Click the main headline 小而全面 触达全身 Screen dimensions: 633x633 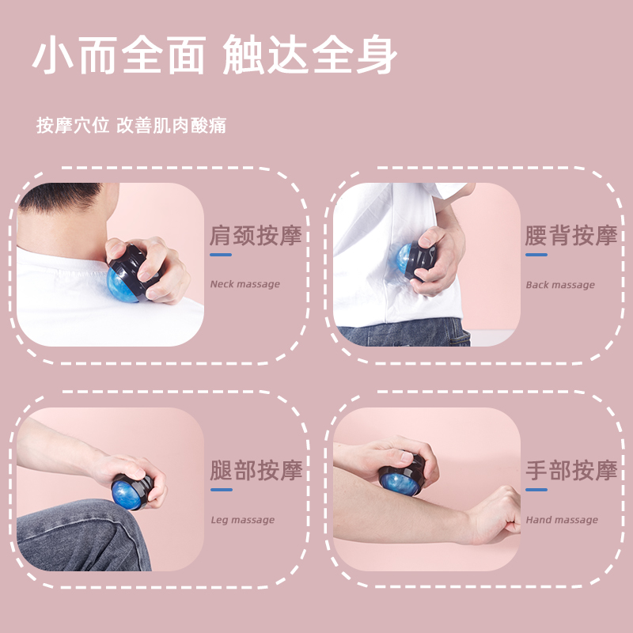214,55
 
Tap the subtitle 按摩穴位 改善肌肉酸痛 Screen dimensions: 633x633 131,125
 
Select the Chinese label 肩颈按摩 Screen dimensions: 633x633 256,235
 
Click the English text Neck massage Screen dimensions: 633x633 245,284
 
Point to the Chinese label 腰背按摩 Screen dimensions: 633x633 571,235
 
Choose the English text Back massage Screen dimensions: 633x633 560,285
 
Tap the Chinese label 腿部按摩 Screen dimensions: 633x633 256,470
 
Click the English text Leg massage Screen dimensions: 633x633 243,520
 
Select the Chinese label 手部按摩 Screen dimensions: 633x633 571,470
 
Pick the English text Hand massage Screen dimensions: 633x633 562,520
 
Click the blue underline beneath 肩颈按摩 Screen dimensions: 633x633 221,255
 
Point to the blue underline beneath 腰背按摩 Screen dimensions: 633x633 536,255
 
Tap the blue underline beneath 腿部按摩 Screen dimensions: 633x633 222,490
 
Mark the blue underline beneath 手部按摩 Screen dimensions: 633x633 536,490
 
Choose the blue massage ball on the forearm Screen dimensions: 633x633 400,483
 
